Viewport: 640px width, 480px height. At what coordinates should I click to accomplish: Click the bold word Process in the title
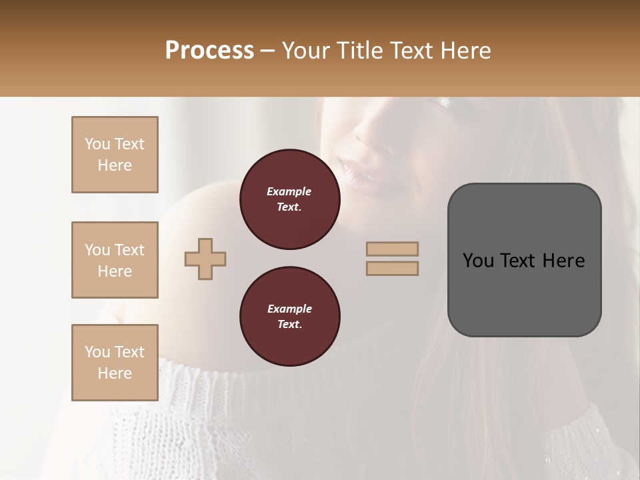[209, 51]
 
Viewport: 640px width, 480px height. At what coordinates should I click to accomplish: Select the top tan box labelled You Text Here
[115, 155]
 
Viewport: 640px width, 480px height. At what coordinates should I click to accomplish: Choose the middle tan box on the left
[115, 260]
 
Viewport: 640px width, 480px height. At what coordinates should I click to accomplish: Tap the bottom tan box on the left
[115, 363]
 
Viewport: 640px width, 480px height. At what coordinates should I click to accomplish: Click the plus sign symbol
[205, 259]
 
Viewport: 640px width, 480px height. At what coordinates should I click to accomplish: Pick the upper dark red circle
[289, 199]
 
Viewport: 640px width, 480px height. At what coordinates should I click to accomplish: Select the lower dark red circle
[289, 317]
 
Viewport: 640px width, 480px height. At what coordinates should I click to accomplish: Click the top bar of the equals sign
[392, 249]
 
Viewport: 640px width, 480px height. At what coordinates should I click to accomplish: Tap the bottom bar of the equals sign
[392, 268]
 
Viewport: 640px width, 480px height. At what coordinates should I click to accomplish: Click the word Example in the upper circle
[289, 191]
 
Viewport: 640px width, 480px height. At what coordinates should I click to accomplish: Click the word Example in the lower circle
[289, 309]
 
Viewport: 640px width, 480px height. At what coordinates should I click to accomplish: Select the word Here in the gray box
[564, 261]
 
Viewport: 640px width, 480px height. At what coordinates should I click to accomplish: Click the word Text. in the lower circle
[289, 325]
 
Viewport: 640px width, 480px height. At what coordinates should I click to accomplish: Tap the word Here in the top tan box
[115, 165]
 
